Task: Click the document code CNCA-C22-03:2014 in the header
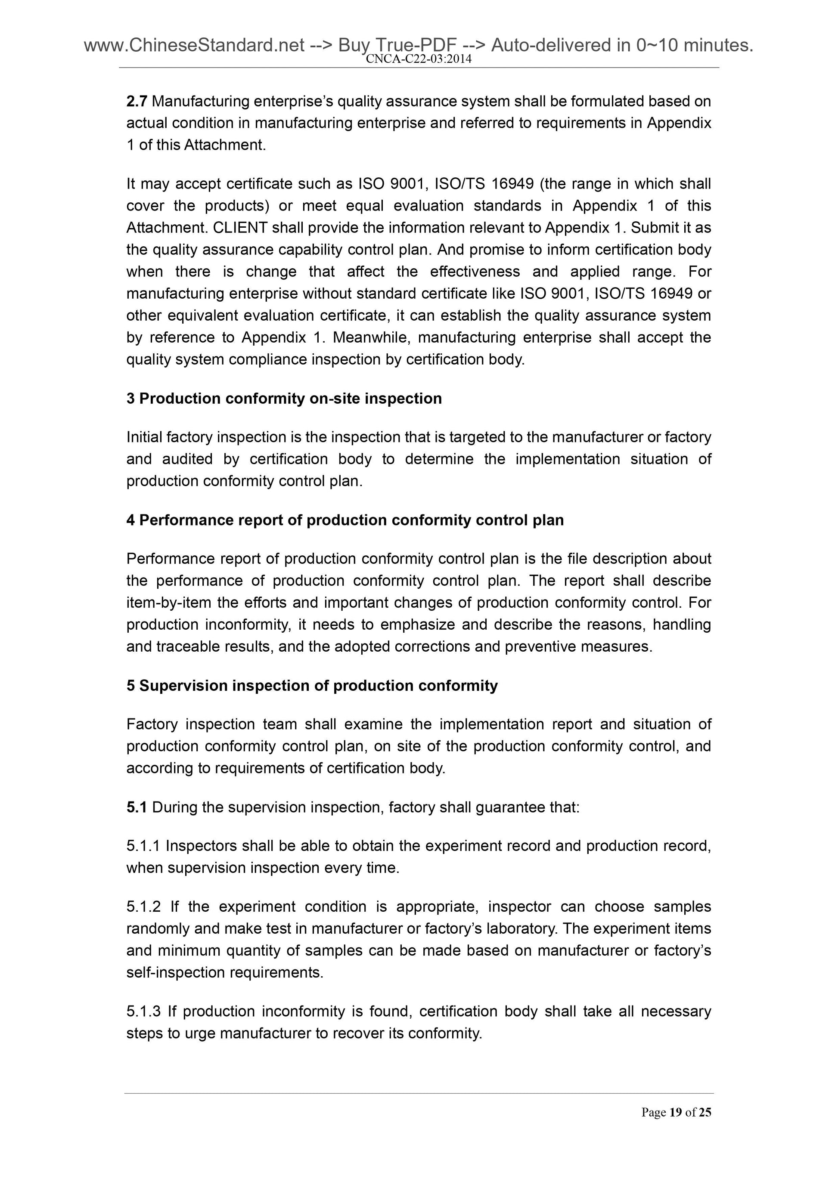coord(418,59)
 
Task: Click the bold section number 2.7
coord(137,101)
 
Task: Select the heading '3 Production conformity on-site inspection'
coord(284,399)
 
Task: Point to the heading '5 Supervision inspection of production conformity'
coord(312,685)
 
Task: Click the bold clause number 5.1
coord(137,807)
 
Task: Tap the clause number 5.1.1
coord(143,846)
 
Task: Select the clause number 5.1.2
coord(143,907)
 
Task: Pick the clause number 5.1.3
coord(143,1011)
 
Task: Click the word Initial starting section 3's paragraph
coord(144,437)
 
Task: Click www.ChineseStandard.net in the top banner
coord(194,46)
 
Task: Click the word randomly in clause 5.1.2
coord(158,928)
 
